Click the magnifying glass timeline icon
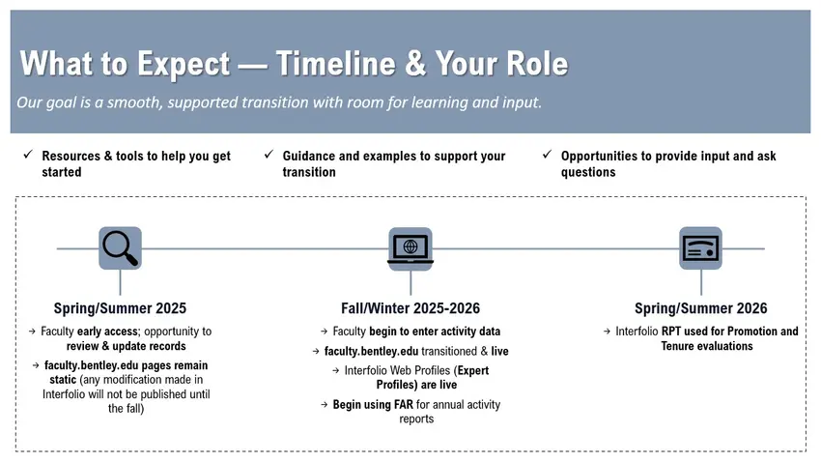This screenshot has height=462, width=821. point(120,248)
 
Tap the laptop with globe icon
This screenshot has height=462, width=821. point(410,248)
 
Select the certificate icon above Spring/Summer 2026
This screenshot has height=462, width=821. point(700,248)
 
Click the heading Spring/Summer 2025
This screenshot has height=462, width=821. point(120,308)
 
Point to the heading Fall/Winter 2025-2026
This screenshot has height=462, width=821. point(410,308)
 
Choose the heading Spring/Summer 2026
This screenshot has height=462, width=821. point(701,308)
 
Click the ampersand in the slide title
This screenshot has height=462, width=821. point(415,64)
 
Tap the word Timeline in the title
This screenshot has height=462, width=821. point(335,64)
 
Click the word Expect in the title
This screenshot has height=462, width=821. point(184,65)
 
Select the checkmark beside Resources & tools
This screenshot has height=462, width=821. point(28,155)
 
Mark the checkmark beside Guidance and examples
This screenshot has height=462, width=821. point(269,155)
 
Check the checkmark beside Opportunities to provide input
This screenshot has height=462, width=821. point(547,155)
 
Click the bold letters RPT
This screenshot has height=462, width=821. point(671,332)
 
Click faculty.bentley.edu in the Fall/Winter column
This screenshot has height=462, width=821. point(371,352)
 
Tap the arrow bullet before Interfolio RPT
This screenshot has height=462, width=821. point(607,332)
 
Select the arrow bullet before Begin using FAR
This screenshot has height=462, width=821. point(325,405)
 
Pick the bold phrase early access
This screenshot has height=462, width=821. point(107,332)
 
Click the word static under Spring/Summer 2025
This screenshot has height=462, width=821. point(63,380)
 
